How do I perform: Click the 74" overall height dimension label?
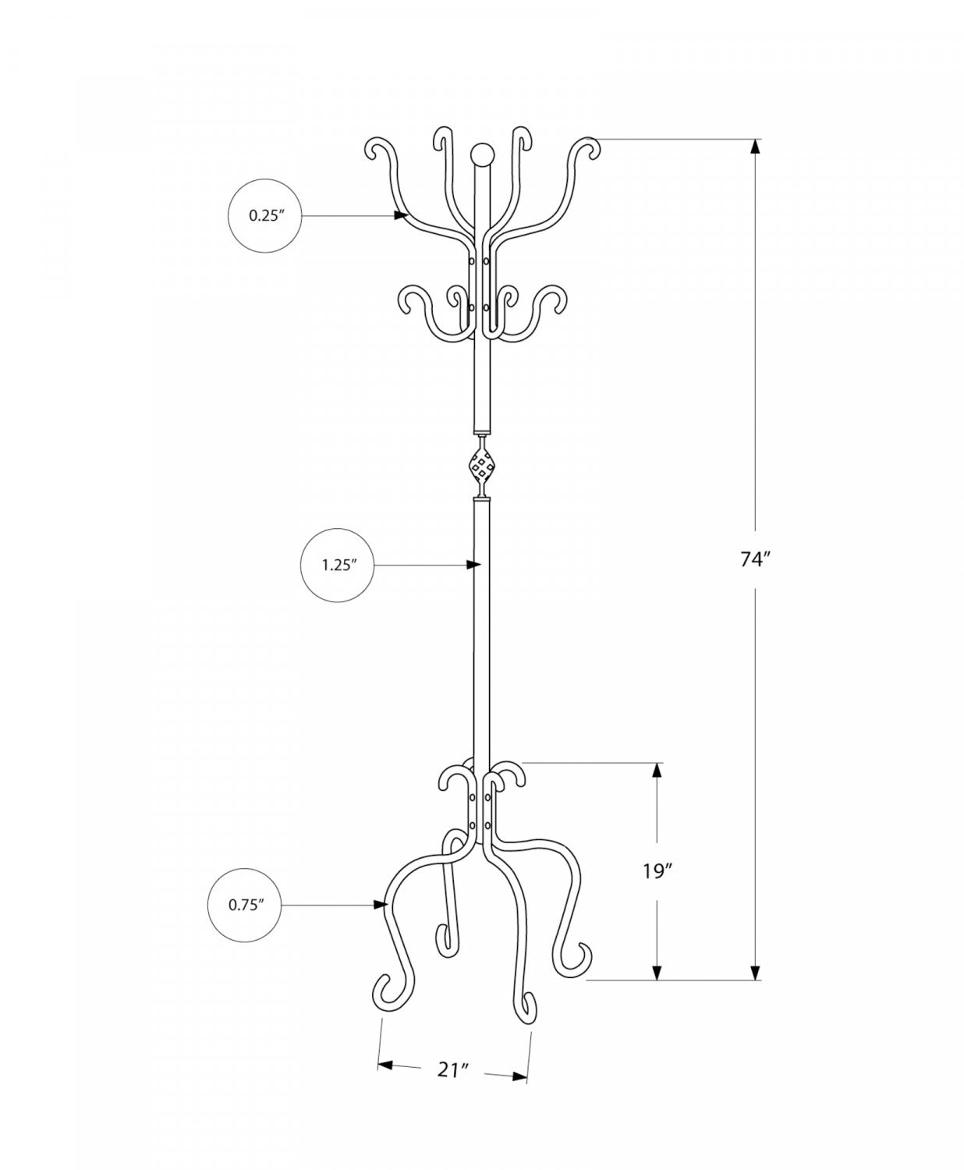tap(755, 560)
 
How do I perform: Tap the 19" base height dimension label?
tap(657, 871)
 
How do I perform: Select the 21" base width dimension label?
tap(452, 1071)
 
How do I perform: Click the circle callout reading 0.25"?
tap(264, 216)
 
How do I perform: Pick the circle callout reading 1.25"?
tap(337, 565)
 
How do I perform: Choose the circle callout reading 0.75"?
tap(244, 905)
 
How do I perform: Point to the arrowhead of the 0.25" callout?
tap(402, 215)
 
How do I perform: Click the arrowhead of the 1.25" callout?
tap(473, 564)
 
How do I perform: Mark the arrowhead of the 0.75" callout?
tap(381, 904)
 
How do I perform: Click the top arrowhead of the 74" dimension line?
tap(755, 147)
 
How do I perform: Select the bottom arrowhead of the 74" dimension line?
tap(755, 971)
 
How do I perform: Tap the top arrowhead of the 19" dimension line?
tap(657, 771)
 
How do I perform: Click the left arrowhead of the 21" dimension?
tap(385, 1064)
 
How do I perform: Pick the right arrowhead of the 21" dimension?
tap(520, 1077)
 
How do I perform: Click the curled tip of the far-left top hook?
tap(375, 148)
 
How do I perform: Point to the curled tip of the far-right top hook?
tap(590, 147)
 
